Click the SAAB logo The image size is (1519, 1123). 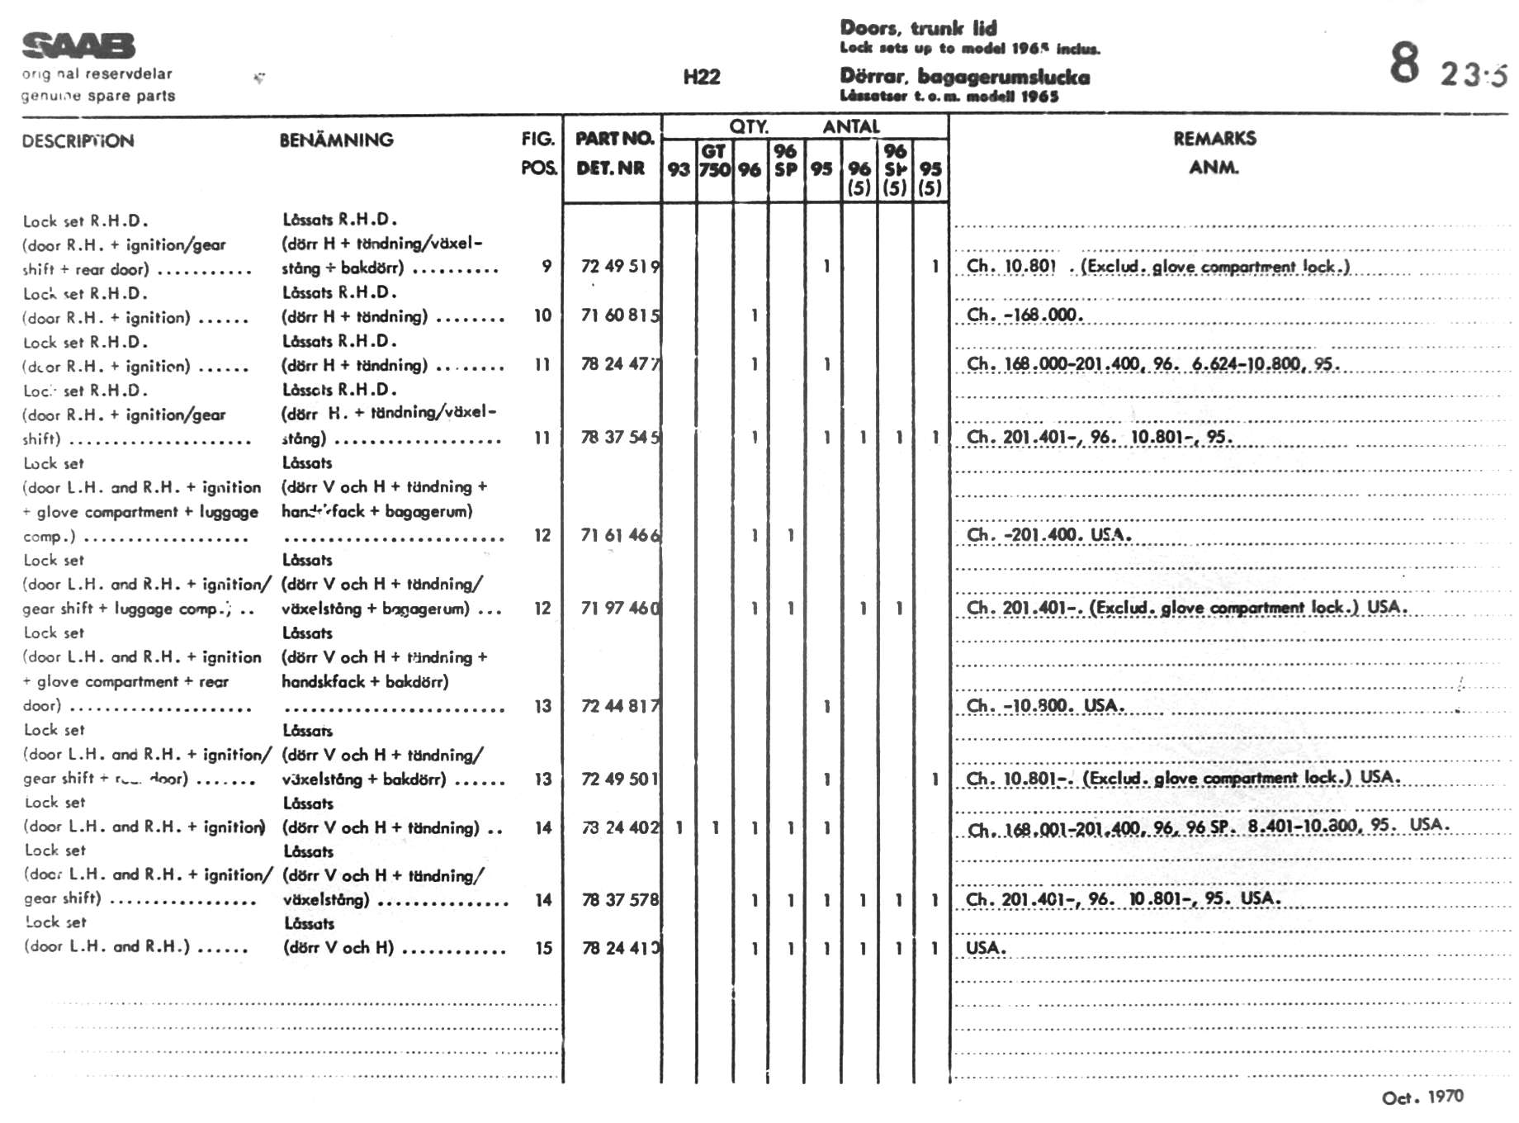pyautogui.click(x=78, y=46)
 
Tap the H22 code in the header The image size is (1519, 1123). pyautogui.click(x=702, y=78)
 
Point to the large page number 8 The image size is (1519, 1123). pyautogui.click(x=1404, y=64)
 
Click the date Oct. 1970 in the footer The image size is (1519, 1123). pyautogui.click(x=1422, y=1097)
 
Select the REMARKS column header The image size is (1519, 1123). pyautogui.click(x=1214, y=139)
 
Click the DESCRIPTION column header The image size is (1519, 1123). pyautogui.click(x=78, y=141)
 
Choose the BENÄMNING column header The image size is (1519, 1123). pyautogui.click(x=336, y=140)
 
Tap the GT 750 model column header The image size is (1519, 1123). pyautogui.click(x=714, y=161)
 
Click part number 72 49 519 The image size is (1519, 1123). pyautogui.click(x=620, y=266)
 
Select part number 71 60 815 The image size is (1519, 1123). pyautogui.click(x=620, y=315)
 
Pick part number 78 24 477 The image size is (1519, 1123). pyautogui.click(x=620, y=364)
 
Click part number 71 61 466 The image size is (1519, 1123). pyautogui.click(x=620, y=535)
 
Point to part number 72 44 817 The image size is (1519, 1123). pyautogui.click(x=620, y=706)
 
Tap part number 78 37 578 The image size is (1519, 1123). pyautogui.click(x=620, y=900)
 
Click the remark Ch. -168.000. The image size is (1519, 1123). pyautogui.click(x=1024, y=315)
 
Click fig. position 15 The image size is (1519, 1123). pyautogui.click(x=543, y=949)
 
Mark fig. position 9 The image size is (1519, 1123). pyautogui.click(x=547, y=266)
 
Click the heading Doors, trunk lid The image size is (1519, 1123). pyautogui.click(x=918, y=28)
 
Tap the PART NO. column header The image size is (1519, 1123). pyautogui.click(x=614, y=139)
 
